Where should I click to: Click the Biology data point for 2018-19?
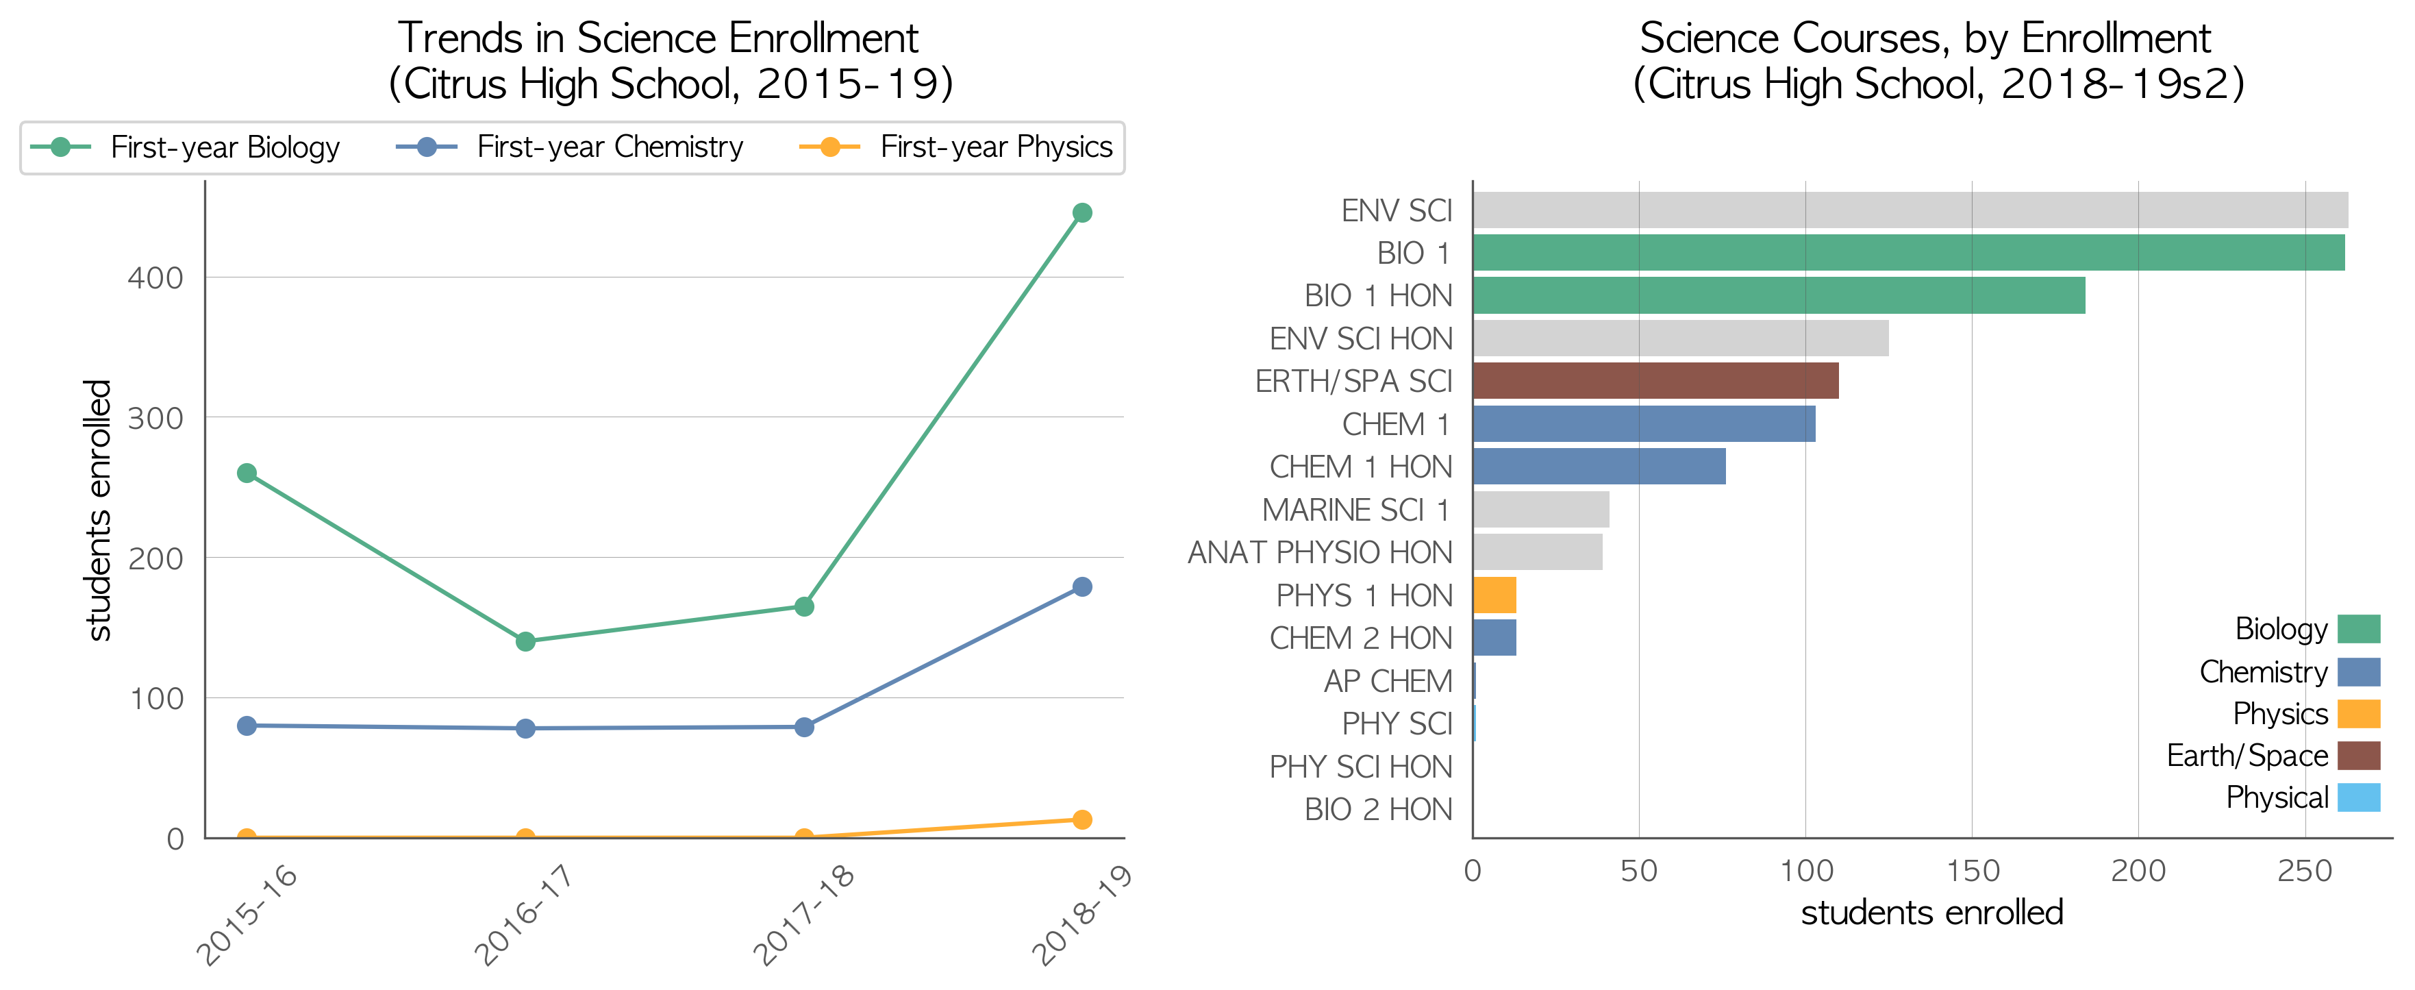click(1082, 213)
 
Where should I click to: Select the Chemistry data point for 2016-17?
click(525, 728)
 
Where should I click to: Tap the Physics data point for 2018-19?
click(1082, 819)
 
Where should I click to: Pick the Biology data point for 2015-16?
click(247, 473)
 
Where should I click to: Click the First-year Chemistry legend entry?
click(570, 147)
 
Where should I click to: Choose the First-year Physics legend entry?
click(956, 147)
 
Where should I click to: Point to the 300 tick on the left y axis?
click(155, 418)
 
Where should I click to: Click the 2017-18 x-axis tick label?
click(803, 914)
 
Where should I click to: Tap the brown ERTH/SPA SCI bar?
click(1655, 381)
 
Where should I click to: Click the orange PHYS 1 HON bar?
click(1494, 595)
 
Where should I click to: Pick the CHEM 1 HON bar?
click(1599, 466)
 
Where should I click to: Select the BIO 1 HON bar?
click(1779, 295)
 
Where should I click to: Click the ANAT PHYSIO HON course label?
click(1320, 552)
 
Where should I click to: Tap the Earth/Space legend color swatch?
click(2359, 756)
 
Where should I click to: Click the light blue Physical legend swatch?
click(2359, 797)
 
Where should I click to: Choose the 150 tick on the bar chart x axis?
click(1973, 871)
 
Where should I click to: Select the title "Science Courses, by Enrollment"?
click(1925, 38)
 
